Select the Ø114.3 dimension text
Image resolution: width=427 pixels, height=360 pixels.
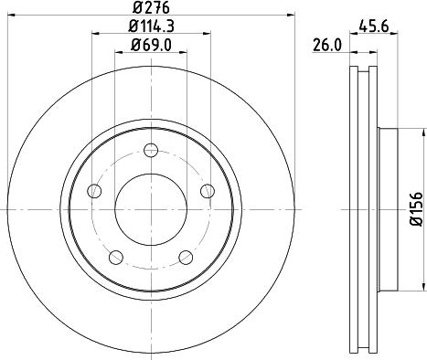click(x=150, y=26)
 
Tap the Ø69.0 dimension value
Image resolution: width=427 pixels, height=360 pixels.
click(x=150, y=44)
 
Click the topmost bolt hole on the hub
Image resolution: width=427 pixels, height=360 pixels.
click(x=151, y=151)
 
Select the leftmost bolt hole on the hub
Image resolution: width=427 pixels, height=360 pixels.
click(x=94, y=191)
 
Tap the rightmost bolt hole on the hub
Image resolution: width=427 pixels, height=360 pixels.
click(x=207, y=191)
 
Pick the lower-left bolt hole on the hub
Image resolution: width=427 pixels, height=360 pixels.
click(x=116, y=257)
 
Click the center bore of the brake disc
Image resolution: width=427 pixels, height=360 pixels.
click(x=151, y=209)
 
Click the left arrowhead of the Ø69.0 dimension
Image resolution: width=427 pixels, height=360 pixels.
click(x=117, y=52)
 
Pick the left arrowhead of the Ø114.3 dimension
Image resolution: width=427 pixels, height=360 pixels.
click(x=96, y=35)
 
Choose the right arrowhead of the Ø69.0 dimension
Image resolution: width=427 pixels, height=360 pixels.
click(x=184, y=52)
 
